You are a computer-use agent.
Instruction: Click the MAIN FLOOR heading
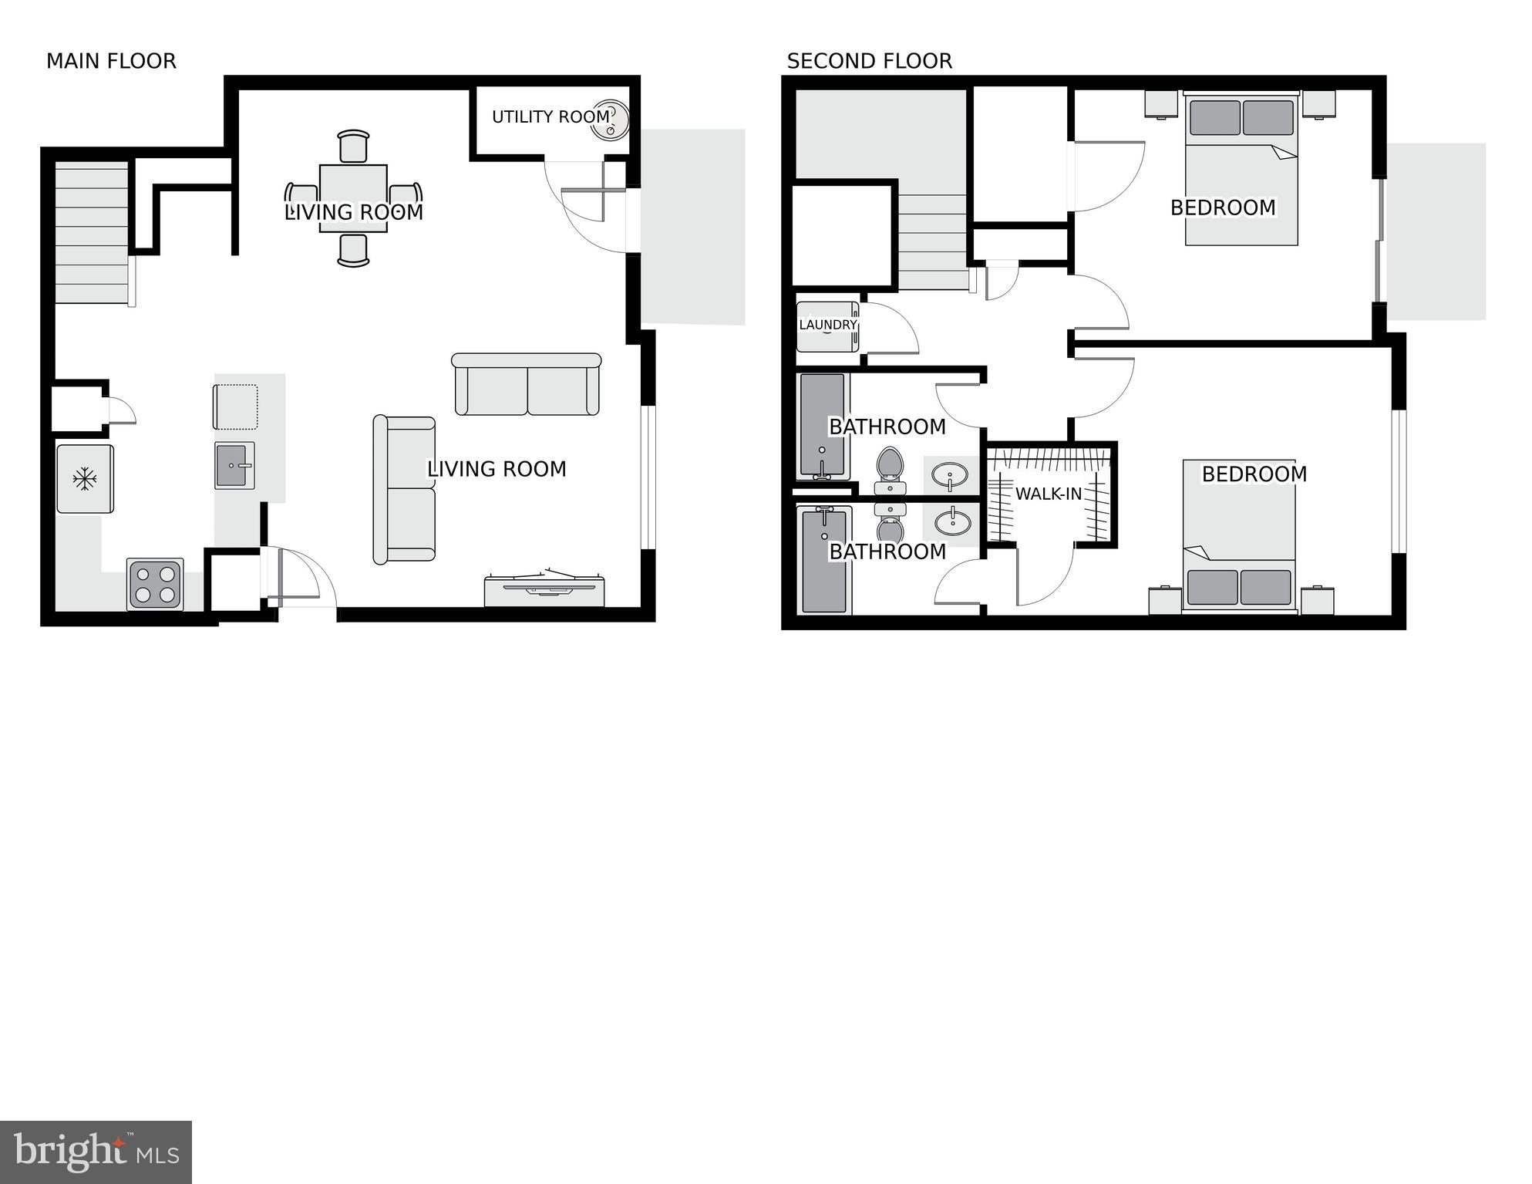[111, 61]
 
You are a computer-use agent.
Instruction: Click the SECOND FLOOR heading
[869, 61]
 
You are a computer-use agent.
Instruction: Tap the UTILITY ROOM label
[551, 116]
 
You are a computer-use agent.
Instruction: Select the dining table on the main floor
[353, 198]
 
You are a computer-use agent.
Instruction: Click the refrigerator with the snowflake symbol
[85, 479]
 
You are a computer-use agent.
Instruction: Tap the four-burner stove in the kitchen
[155, 584]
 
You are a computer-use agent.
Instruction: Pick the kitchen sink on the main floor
[234, 466]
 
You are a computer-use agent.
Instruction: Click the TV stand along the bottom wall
[544, 591]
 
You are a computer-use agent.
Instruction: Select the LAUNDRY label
[827, 325]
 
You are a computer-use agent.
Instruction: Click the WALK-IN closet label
[1048, 494]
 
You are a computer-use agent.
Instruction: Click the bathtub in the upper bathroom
[822, 425]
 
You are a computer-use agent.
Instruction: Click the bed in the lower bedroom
[1239, 534]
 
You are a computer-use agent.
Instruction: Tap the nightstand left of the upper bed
[1160, 104]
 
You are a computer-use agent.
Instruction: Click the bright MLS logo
[96, 1152]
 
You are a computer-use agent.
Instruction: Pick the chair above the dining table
[353, 146]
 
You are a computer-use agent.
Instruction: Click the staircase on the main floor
[92, 232]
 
